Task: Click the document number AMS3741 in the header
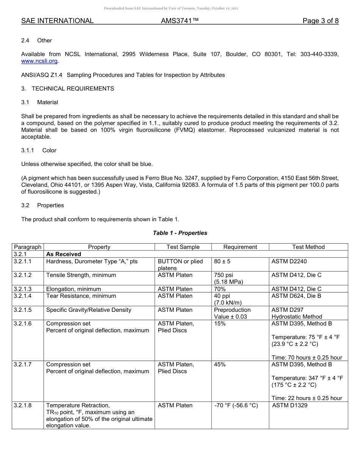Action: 180,21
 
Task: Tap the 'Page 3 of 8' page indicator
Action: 320,21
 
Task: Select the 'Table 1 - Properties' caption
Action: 180,233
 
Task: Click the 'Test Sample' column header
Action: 183,247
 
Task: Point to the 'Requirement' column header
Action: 240,247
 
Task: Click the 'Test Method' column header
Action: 308,247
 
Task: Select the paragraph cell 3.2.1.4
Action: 23,296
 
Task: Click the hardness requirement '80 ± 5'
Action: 222,261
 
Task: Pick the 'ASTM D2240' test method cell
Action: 288,261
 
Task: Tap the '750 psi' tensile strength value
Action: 224,275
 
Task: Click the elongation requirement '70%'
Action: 220,289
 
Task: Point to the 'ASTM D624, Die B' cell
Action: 296,296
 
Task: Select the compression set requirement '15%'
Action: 220,324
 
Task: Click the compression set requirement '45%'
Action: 220,364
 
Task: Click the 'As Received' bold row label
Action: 64,254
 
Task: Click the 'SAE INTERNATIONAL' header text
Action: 57,21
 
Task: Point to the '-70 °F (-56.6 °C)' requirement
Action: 236,405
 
